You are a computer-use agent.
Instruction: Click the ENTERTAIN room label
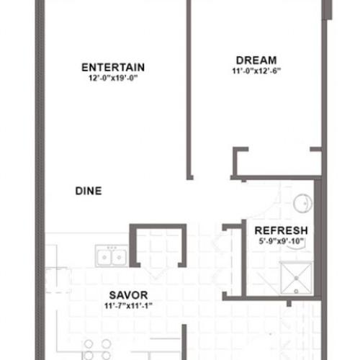(x=113, y=68)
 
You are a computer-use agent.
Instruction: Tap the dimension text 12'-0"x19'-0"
(x=113, y=78)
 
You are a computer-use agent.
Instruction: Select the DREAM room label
(x=256, y=60)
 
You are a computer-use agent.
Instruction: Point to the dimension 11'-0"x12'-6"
(x=256, y=71)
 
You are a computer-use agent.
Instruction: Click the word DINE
(x=89, y=191)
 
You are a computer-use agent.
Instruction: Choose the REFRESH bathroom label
(x=281, y=230)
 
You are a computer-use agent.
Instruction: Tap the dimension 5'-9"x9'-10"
(x=282, y=241)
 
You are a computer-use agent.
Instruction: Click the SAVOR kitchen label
(x=128, y=295)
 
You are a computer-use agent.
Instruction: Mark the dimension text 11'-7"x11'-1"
(x=128, y=306)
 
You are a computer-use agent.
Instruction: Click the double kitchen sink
(x=112, y=256)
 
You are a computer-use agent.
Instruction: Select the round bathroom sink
(x=302, y=203)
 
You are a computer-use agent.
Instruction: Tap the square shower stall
(x=297, y=278)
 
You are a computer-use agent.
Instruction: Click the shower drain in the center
(x=297, y=278)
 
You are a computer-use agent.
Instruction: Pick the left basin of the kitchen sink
(x=104, y=257)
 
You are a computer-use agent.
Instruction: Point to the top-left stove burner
(x=89, y=344)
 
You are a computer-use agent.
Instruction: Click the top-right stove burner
(x=106, y=344)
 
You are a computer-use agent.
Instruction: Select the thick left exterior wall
(x=40, y=180)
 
